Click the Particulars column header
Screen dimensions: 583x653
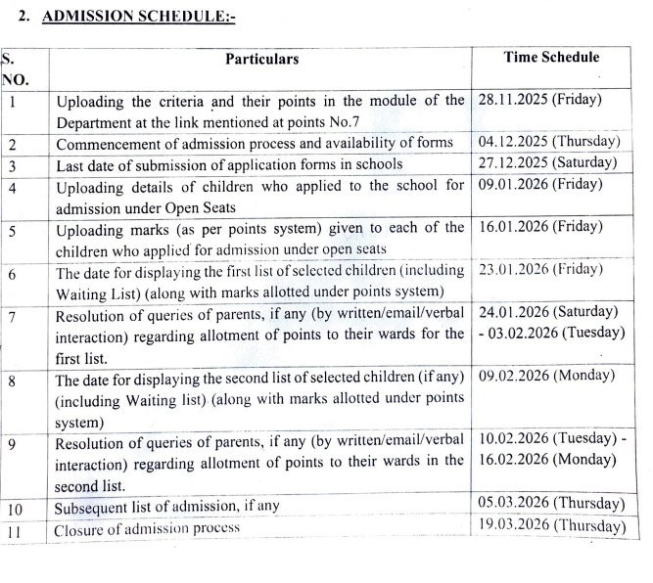(261, 60)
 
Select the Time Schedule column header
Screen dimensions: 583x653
(551, 58)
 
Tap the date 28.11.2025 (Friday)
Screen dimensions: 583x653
(539, 100)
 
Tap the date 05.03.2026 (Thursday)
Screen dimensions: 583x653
(551, 504)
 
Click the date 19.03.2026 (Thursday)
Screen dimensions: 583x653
(551, 526)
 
